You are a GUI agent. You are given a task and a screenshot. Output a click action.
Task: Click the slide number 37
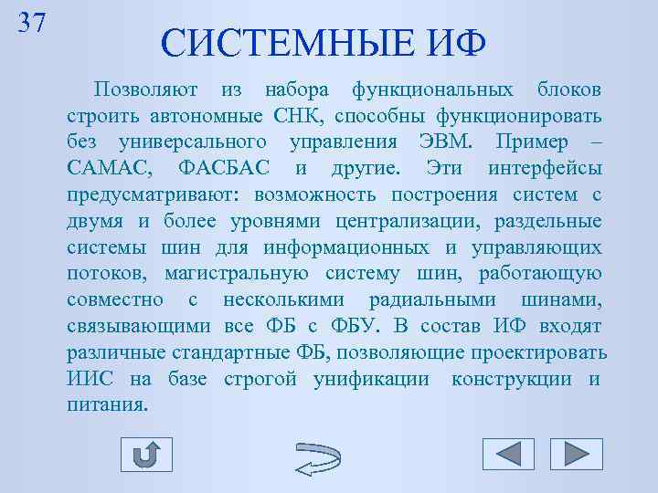click(32, 21)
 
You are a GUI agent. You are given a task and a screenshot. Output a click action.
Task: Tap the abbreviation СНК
click(302, 117)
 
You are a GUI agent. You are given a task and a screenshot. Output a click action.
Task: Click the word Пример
click(530, 142)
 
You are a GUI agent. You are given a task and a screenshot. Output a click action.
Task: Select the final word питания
click(107, 404)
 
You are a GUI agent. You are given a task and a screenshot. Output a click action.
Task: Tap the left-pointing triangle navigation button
click(507, 454)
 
